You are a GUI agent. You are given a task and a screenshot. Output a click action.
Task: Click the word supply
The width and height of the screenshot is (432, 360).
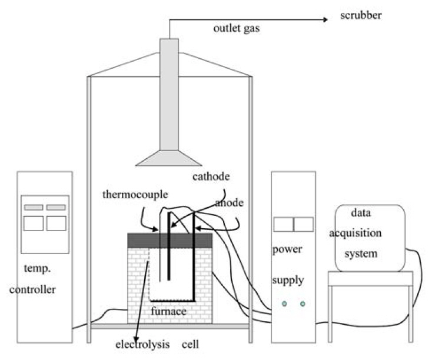click(x=288, y=280)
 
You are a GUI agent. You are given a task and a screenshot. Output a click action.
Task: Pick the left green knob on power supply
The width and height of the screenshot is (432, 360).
click(x=284, y=304)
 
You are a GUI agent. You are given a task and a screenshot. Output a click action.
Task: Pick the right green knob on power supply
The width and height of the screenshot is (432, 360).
click(x=303, y=304)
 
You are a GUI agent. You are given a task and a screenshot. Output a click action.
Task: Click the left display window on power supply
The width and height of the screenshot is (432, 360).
click(x=284, y=224)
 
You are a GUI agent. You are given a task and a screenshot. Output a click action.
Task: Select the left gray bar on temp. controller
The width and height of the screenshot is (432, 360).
click(x=33, y=207)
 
